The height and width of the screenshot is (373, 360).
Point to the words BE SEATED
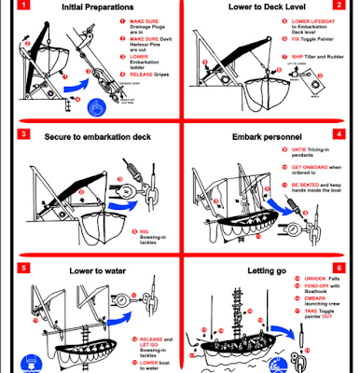(306, 185)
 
